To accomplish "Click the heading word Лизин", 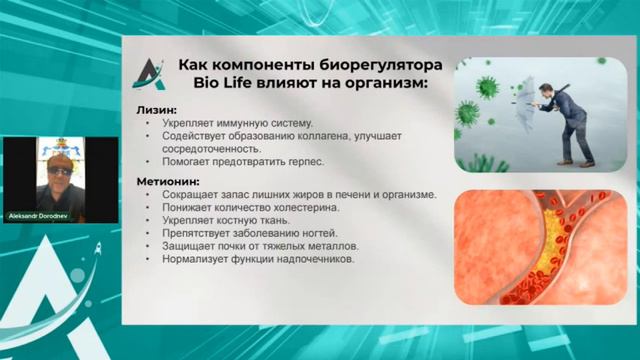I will coord(156,109).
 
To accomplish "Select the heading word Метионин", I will coord(165,181).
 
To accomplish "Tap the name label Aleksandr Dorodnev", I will coord(50,216).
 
